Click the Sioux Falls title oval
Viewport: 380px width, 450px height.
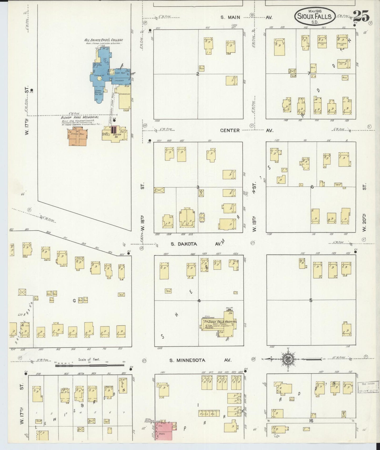(315, 16)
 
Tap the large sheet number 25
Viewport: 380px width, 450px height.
(361, 16)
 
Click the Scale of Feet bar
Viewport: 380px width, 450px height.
(89, 366)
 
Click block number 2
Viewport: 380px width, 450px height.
(197, 74)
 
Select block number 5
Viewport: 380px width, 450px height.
(311, 300)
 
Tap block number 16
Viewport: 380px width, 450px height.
(311, 421)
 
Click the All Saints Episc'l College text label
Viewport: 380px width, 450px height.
(103, 40)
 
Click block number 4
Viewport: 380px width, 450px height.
(199, 301)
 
